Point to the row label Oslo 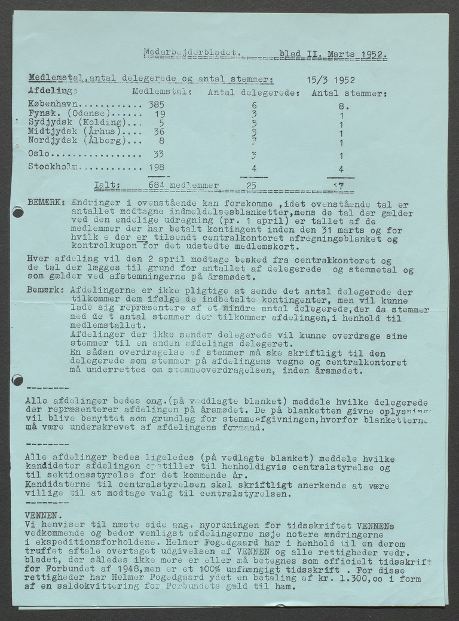39,153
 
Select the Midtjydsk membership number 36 157,132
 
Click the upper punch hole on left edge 17,211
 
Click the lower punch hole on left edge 17,379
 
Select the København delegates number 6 254,105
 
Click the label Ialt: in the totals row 109,185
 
